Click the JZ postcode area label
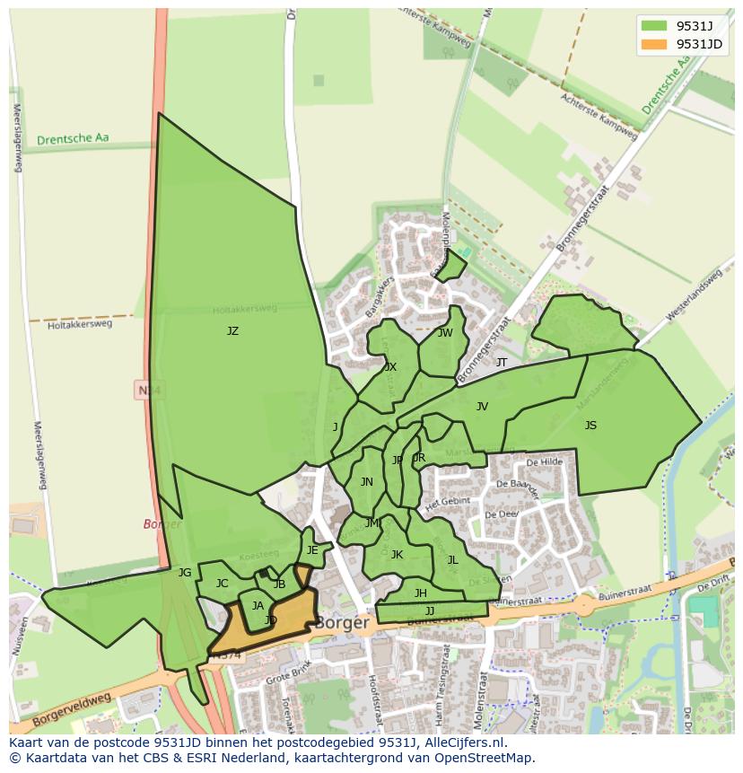click(x=232, y=331)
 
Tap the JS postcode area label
click(x=590, y=426)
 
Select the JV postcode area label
click(x=482, y=407)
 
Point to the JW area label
click(x=445, y=333)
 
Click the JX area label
click(x=390, y=367)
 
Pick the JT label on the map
click(x=502, y=363)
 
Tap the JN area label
click(x=366, y=482)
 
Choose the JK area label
click(x=397, y=555)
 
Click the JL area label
click(x=452, y=560)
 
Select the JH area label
click(x=420, y=593)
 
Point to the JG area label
click(x=185, y=573)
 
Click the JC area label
click(x=222, y=584)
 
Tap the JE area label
click(x=312, y=550)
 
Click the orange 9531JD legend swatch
click(x=654, y=44)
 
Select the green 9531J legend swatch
click(x=654, y=25)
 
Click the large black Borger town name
click(x=342, y=622)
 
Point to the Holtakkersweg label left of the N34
click(x=80, y=324)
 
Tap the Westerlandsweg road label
click(x=695, y=295)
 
